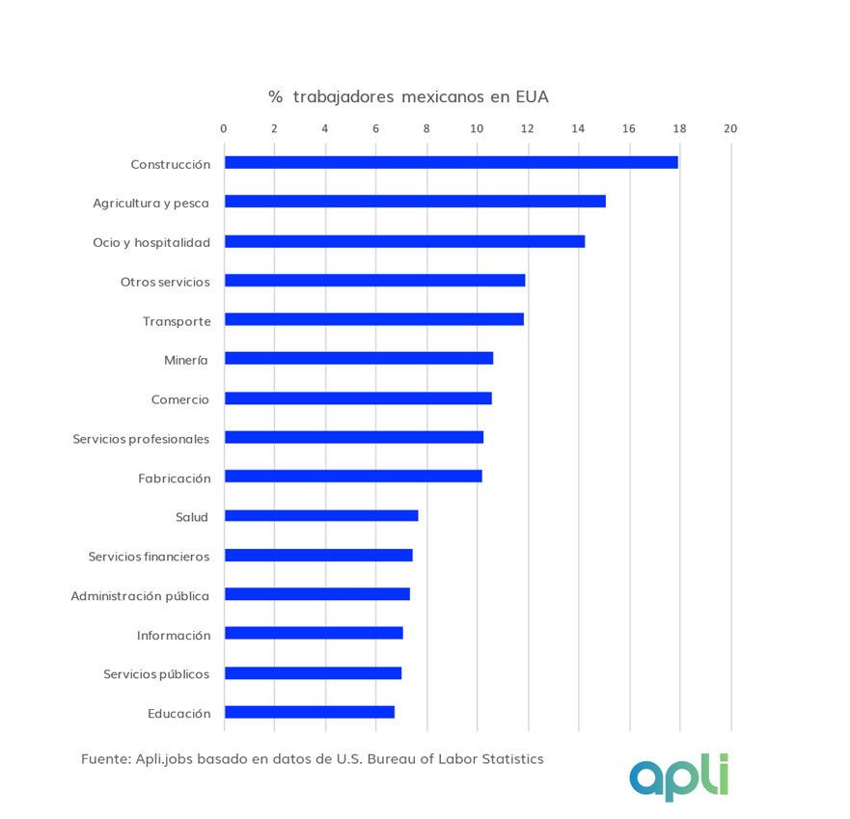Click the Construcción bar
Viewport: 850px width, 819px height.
pyautogui.click(x=451, y=162)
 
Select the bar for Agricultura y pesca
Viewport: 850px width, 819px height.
pyautogui.click(x=415, y=202)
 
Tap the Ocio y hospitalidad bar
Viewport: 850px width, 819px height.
pyautogui.click(x=404, y=241)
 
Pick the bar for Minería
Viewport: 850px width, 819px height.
pyautogui.click(x=358, y=358)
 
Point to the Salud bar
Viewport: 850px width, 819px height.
pyautogui.click(x=321, y=515)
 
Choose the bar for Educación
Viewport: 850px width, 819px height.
pyautogui.click(x=309, y=712)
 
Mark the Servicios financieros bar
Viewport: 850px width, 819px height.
pyautogui.click(x=318, y=555)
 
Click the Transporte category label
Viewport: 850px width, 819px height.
pyautogui.click(x=177, y=320)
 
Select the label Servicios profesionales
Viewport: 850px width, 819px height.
pyautogui.click(x=141, y=439)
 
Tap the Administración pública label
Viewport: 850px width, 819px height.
pyautogui.click(x=140, y=596)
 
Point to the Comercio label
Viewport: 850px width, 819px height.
pyautogui.click(x=180, y=399)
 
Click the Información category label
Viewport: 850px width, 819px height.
pyautogui.click(x=174, y=636)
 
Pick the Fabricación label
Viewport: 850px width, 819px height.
pyautogui.click(x=175, y=478)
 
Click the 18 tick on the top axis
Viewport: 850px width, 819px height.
pyautogui.click(x=679, y=128)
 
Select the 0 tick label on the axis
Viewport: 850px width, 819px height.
pyautogui.click(x=224, y=128)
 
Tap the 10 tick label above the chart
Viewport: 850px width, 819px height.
pyautogui.click(x=477, y=128)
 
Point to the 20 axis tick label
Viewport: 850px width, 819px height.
pyautogui.click(x=730, y=128)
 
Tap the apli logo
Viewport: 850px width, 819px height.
pyautogui.click(x=679, y=778)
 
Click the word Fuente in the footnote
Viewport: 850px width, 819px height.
pyautogui.click(x=104, y=759)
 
